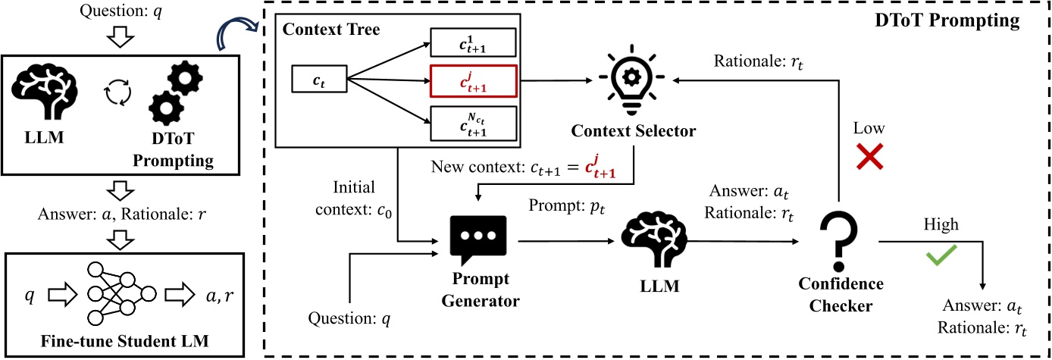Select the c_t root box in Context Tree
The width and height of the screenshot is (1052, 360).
(320, 80)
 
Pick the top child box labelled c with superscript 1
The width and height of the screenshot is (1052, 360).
(473, 42)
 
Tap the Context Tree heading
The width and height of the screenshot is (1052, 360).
(330, 30)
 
